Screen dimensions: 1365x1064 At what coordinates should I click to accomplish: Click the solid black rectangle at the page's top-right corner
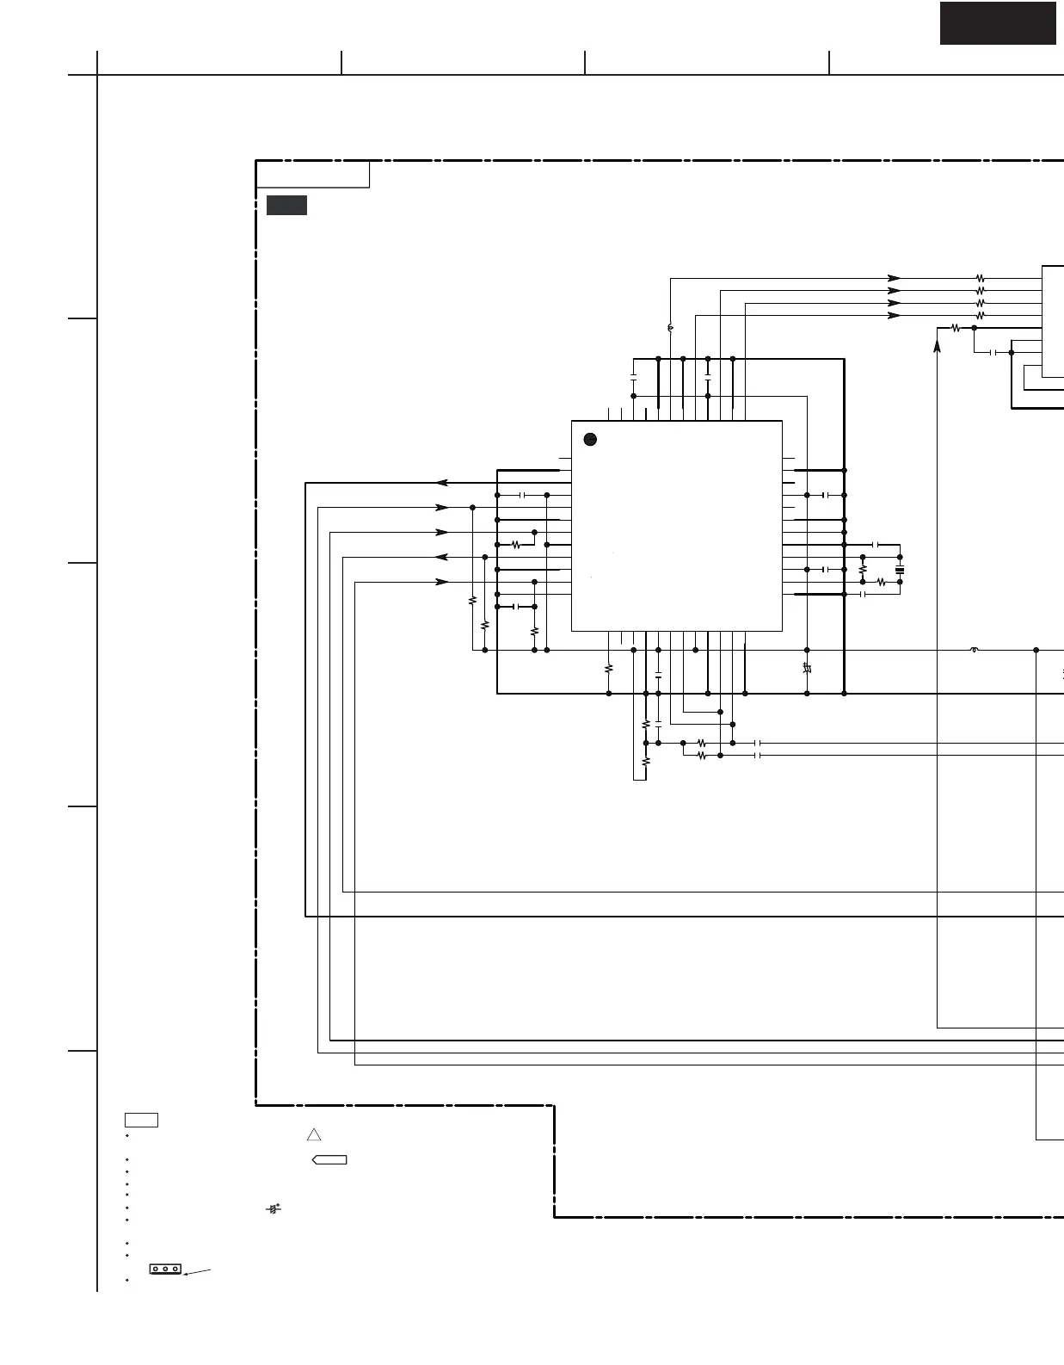pyautogui.click(x=997, y=22)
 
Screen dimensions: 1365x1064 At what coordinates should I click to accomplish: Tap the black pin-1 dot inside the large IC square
pyautogui.click(x=590, y=439)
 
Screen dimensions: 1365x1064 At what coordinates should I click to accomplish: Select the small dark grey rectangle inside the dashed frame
pyautogui.click(x=286, y=205)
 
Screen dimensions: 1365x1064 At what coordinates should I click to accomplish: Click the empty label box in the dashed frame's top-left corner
pyautogui.click(x=313, y=174)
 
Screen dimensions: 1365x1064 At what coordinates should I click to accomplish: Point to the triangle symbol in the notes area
pyautogui.click(x=314, y=1134)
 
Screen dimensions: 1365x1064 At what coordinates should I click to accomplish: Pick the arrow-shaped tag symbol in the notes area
pyautogui.click(x=329, y=1160)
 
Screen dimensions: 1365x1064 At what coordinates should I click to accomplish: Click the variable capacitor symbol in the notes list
pyautogui.click(x=274, y=1209)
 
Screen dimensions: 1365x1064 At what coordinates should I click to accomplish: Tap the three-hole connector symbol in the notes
pyautogui.click(x=165, y=1269)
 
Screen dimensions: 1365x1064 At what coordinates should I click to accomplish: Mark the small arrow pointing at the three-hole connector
pyautogui.click(x=197, y=1271)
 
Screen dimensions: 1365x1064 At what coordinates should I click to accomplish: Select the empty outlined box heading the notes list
pyautogui.click(x=141, y=1120)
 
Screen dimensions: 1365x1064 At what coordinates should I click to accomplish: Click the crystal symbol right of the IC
pyautogui.click(x=900, y=570)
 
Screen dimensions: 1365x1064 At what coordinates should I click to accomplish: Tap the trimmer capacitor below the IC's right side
pyautogui.click(x=807, y=668)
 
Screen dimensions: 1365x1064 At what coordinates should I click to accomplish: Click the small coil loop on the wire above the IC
pyautogui.click(x=670, y=328)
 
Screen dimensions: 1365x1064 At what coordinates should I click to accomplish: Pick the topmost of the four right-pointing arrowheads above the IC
pyautogui.click(x=895, y=278)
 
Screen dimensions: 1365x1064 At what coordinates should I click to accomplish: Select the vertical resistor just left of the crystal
pyautogui.click(x=863, y=569)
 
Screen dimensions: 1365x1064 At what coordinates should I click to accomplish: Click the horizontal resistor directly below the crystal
pyautogui.click(x=882, y=582)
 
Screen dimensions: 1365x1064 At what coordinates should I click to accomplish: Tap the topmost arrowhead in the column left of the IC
pyautogui.click(x=442, y=483)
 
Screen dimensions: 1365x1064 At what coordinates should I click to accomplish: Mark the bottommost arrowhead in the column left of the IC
pyautogui.click(x=442, y=582)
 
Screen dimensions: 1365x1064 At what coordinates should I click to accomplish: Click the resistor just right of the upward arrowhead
pyautogui.click(x=956, y=328)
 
